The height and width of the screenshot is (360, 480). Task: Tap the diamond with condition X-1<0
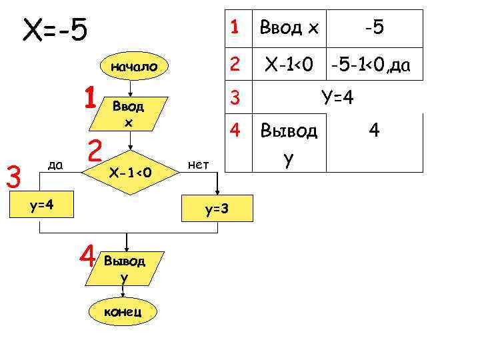pos(131,173)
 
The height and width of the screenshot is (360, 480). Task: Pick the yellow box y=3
pos(217,209)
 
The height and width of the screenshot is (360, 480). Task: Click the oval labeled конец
pos(121,312)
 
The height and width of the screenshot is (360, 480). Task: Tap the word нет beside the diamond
pos(199,163)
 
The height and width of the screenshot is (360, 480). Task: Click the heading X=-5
pos(56,30)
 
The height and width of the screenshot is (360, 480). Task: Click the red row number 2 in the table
pos(234,65)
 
